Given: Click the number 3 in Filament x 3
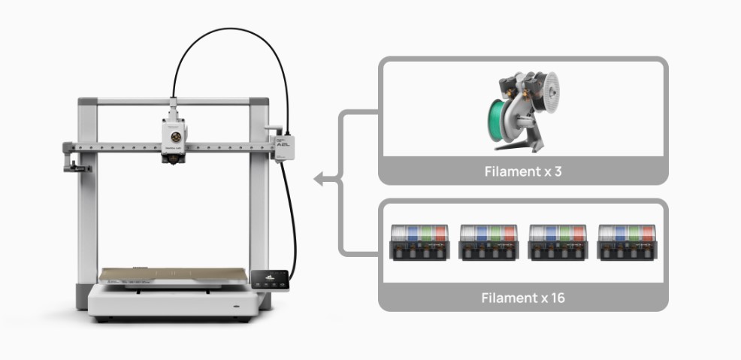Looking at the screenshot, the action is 558,171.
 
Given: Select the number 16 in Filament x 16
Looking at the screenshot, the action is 558,298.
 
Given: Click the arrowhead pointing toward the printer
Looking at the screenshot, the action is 319,179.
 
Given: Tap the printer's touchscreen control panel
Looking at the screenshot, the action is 269,280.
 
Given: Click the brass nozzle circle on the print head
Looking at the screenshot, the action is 176,137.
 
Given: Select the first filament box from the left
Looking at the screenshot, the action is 419,242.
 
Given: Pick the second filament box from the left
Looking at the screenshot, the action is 488,242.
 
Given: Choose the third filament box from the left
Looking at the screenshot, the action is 558,242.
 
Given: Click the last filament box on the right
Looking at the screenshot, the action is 627,242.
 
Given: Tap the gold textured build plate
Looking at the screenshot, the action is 173,275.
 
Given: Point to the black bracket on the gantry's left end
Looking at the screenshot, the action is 76,166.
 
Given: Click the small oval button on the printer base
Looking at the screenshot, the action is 237,306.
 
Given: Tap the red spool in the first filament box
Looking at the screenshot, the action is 440,234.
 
